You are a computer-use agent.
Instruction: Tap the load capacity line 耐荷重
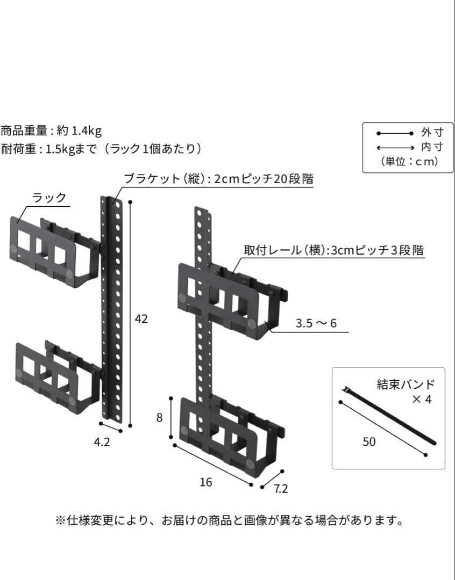coord(102,149)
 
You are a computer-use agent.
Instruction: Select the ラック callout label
coord(49,198)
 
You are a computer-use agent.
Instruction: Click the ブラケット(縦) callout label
coord(218,178)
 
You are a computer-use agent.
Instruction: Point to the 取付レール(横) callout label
coord(333,250)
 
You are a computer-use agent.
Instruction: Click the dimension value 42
coord(141,319)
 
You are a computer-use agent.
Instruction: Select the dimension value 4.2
coord(102,443)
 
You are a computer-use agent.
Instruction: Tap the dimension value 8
coord(159,418)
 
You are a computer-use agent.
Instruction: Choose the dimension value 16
coord(205,482)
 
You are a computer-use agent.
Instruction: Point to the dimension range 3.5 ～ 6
coord(316,324)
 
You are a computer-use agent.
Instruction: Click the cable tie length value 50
coord(369,442)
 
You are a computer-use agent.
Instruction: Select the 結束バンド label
coord(406,385)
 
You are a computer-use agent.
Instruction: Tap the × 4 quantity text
coord(421,400)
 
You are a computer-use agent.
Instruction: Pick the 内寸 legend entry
coord(432,147)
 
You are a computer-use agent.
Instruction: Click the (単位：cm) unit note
coord(409,162)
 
